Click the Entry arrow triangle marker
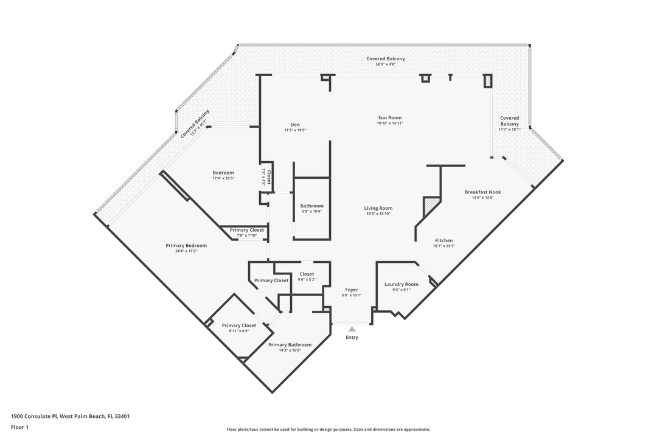tap(352, 330)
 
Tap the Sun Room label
tap(390, 118)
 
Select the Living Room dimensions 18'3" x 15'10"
tap(378, 214)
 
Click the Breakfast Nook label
tap(482, 192)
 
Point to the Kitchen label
tap(443, 240)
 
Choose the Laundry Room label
tap(401, 284)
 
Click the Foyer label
tap(352, 290)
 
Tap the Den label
tap(295, 125)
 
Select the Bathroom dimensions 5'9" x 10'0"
tap(311, 211)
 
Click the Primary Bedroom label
tap(186, 246)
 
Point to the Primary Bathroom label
tap(290, 345)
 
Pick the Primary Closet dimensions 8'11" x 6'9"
tap(239, 331)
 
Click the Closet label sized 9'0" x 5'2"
tap(307, 274)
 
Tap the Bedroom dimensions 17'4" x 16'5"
tap(223, 178)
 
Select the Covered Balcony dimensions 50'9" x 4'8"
tap(386, 64)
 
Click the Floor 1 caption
tap(19, 428)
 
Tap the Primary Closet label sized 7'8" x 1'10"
tap(247, 230)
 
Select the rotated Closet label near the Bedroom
tap(269, 177)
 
